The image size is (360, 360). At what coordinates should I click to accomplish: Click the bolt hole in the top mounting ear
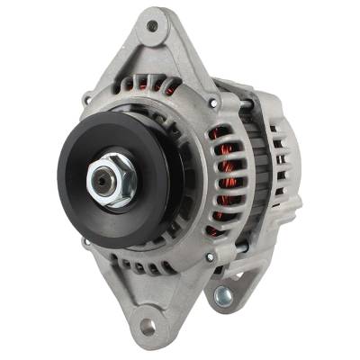(152, 28)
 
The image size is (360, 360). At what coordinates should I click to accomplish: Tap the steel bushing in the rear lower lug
(222, 295)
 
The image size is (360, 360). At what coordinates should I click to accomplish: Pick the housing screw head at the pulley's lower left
(86, 241)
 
